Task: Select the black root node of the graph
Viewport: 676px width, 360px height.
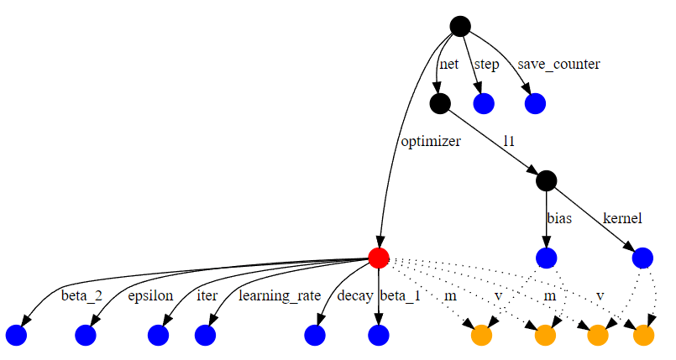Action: (459, 26)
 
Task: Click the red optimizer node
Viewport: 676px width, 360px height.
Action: (379, 258)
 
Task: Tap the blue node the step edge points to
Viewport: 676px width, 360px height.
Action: (484, 103)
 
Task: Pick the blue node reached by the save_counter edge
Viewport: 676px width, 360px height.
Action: (535, 103)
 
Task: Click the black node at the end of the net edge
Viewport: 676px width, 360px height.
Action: (439, 103)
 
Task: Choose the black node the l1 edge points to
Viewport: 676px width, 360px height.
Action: (546, 180)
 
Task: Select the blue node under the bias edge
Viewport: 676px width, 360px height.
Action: (546, 258)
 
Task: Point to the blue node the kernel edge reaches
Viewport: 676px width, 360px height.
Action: (642, 258)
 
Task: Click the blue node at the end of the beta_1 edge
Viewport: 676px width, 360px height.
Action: (379, 336)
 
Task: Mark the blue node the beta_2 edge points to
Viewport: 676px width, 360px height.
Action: (17, 336)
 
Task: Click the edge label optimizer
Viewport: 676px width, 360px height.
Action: (429, 142)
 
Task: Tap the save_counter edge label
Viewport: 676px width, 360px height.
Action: (558, 65)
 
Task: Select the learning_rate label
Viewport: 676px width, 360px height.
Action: (280, 295)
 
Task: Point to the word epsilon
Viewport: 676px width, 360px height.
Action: (150, 295)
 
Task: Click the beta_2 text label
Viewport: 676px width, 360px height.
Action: (81, 295)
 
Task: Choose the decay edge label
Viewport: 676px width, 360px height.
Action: (354, 295)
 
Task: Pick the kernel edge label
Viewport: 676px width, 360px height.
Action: (622, 219)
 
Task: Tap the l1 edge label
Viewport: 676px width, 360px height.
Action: (509, 142)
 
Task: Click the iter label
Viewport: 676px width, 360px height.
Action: (207, 295)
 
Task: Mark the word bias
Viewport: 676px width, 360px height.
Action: (559, 219)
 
